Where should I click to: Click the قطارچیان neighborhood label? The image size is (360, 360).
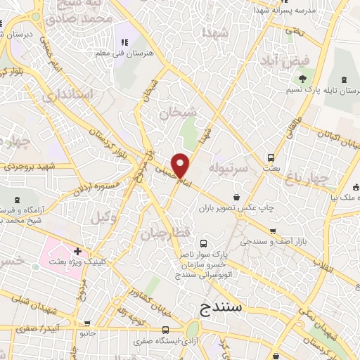pos(164,232)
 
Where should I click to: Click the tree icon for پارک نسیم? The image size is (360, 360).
pos(303,79)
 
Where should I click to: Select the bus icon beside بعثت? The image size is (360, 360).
pos(271,157)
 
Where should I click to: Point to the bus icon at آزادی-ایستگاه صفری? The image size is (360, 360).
pos(166,330)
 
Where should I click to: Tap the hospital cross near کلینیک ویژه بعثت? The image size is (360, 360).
pos(77,251)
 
